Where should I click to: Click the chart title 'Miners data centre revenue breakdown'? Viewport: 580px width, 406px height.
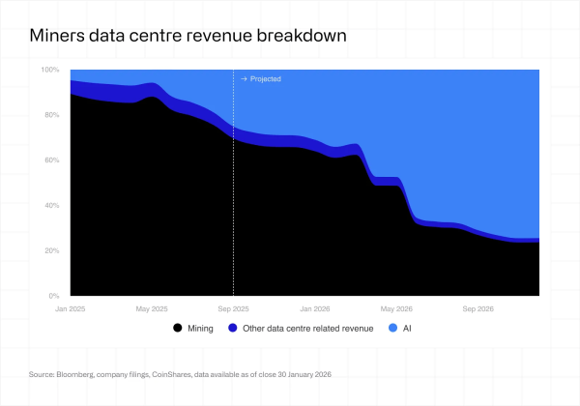[x=188, y=36]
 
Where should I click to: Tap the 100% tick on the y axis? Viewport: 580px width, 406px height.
[x=50, y=71]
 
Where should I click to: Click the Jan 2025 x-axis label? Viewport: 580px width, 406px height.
[x=71, y=308]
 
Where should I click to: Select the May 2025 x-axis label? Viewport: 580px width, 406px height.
[x=152, y=308]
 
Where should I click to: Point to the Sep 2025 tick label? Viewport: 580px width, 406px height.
[x=233, y=308]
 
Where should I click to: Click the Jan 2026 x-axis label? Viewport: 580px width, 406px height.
[x=316, y=308]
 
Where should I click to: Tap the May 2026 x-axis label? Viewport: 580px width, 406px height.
[x=397, y=308]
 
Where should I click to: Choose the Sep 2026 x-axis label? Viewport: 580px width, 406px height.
[x=478, y=308]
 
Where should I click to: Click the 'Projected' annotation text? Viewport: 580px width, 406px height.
[x=266, y=78]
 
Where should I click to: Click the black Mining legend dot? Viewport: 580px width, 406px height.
[x=177, y=329]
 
